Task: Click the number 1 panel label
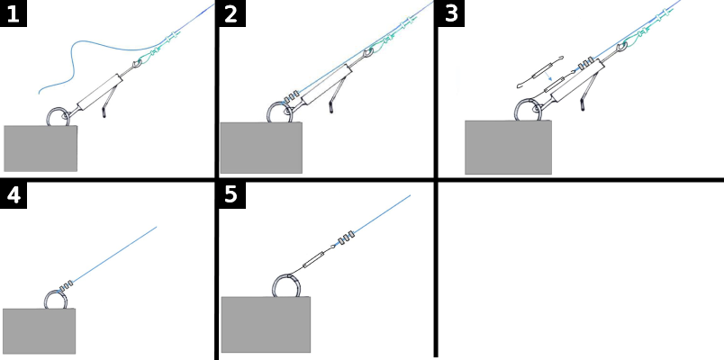click(14, 13)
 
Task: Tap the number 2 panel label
click(231, 13)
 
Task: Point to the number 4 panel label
click(14, 194)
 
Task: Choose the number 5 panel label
click(231, 194)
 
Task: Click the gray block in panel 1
click(41, 148)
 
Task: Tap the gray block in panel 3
click(508, 148)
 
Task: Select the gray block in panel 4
click(39, 331)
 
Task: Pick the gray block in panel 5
click(266, 325)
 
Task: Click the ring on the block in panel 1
click(59, 118)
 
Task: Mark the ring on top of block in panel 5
click(287, 285)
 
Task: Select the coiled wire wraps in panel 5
click(346, 240)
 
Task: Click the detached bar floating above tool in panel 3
click(539, 72)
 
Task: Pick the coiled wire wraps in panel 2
click(290, 97)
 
